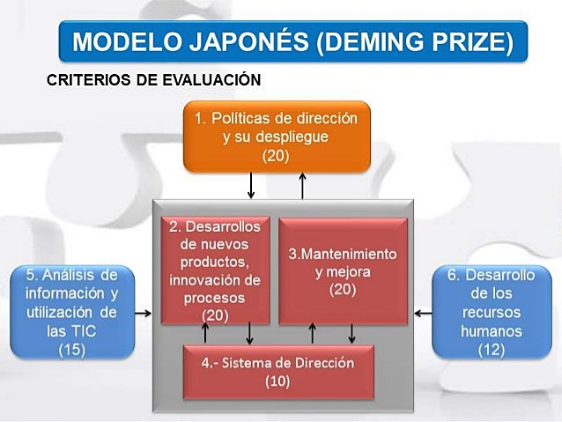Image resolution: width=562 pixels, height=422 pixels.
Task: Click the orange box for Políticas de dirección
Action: (277, 136)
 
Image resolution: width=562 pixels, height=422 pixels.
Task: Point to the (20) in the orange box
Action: (276, 155)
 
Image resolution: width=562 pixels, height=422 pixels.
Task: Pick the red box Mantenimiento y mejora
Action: (343, 271)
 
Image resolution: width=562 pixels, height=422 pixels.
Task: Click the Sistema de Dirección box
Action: (278, 371)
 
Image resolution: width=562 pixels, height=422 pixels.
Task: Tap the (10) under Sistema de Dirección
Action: (278, 381)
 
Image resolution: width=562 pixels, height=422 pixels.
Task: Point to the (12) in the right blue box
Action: (491, 350)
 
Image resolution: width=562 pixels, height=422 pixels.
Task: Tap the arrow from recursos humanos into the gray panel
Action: (423, 312)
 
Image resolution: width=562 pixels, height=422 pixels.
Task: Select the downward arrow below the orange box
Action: (252, 185)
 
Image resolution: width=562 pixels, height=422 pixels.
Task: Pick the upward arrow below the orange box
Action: (302, 185)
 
